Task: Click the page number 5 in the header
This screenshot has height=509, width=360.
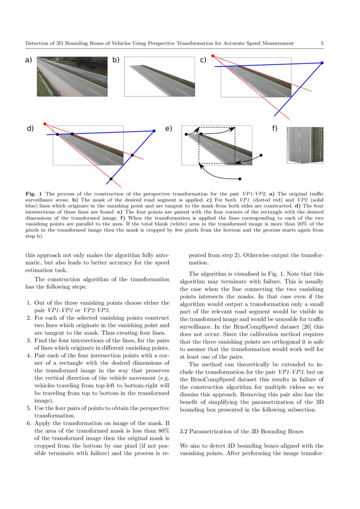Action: point(322,43)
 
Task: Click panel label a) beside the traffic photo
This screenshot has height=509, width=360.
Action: point(29,60)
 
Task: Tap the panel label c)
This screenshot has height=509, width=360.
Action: point(203,60)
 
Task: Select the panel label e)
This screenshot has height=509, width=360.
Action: point(169,128)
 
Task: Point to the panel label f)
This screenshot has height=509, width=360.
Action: point(275,128)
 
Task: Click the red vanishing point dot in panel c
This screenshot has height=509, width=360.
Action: point(212,56)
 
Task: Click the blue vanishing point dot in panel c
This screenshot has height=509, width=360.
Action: point(322,63)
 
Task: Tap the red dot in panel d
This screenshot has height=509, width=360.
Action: point(45,124)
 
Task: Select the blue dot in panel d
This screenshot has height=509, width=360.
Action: point(154,131)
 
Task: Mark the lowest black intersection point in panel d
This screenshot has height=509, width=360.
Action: point(111,179)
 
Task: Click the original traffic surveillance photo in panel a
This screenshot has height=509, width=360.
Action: point(72,77)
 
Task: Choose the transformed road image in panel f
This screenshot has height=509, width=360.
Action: point(305,145)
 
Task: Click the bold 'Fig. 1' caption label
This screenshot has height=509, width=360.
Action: point(33,193)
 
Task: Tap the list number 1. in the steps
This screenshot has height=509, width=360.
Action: point(29,303)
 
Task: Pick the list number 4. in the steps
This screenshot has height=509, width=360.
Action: point(29,355)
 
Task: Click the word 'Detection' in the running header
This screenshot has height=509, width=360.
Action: point(37,43)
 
